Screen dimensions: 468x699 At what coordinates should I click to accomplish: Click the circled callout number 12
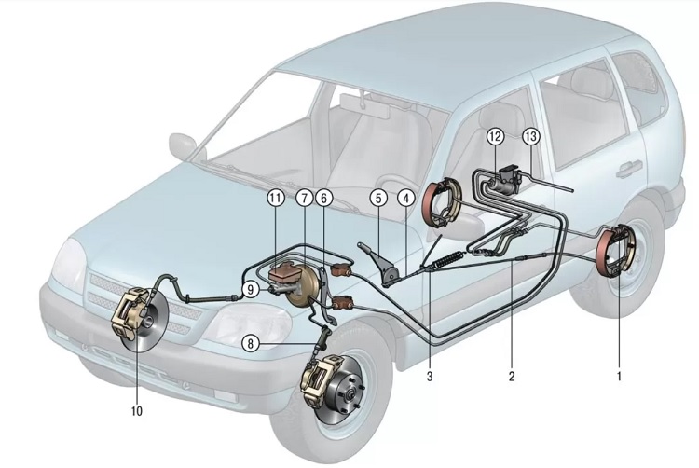point(495,137)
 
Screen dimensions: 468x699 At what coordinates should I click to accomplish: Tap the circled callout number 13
point(531,137)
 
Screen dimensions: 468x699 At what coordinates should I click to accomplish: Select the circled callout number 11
point(275,198)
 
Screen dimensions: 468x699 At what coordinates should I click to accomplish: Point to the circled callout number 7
point(305,198)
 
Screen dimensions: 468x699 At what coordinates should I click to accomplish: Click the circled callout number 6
point(323,198)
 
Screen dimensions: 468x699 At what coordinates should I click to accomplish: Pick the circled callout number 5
point(377,198)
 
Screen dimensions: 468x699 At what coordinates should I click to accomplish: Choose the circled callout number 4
point(406,198)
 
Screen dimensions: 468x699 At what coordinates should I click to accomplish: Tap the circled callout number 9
point(251,290)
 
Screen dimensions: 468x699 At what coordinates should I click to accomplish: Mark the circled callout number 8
point(250,343)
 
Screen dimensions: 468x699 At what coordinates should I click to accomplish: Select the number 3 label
point(429,378)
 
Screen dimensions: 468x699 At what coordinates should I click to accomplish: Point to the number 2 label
point(511,378)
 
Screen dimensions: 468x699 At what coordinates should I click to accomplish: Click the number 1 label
point(618,378)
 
